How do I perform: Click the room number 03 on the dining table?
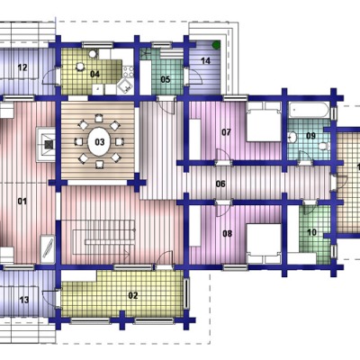(100, 142)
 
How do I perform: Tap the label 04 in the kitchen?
(94, 74)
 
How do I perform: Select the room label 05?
(166, 79)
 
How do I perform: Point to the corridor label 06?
(220, 184)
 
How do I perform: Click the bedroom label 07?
(226, 132)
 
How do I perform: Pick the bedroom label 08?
(228, 233)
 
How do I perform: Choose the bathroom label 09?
(310, 136)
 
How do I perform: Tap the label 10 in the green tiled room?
(312, 232)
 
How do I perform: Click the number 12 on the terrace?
(22, 67)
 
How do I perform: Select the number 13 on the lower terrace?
(24, 300)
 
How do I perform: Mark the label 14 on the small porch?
(205, 61)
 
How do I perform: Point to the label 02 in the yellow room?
(133, 295)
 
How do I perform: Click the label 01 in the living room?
(22, 201)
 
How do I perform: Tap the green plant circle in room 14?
(216, 45)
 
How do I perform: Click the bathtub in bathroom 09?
(309, 111)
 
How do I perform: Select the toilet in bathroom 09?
(324, 146)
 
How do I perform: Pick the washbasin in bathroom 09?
(292, 138)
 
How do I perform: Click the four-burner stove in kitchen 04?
(128, 72)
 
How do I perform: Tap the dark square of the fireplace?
(49, 145)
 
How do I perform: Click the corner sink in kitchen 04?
(125, 86)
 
